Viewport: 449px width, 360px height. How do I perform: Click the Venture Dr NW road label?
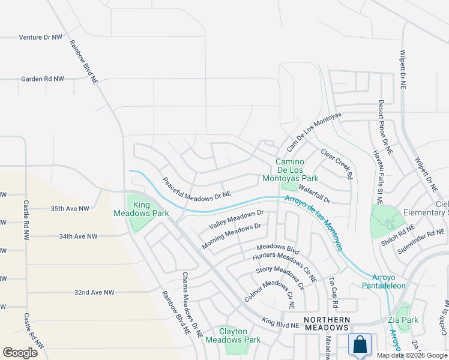[40, 37]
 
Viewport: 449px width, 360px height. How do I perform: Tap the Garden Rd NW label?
[42, 79]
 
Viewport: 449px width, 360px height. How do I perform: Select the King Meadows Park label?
[142, 209]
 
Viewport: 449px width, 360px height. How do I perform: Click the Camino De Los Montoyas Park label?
[290, 170]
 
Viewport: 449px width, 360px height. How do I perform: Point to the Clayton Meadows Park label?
[231, 335]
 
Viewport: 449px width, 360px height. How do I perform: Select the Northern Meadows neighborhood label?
[327, 323]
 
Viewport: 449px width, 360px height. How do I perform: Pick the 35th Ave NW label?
[70, 209]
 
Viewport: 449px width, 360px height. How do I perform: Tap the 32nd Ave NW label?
[94, 292]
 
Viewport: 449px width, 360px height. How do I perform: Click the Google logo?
[20, 353]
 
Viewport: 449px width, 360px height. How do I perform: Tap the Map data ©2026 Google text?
[411, 355]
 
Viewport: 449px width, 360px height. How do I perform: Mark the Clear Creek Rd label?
[335, 164]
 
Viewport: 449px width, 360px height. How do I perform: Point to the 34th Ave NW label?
[78, 236]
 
